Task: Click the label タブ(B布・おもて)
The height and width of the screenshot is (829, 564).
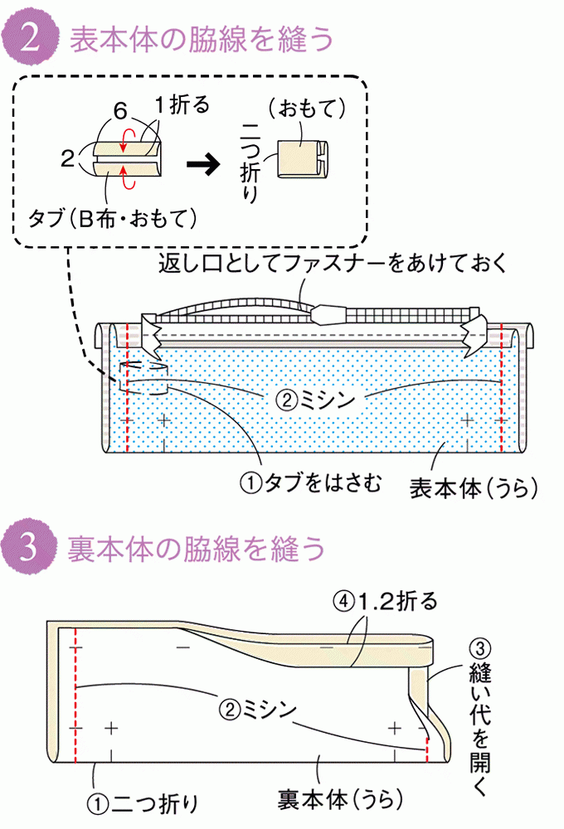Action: pyautogui.click(x=112, y=219)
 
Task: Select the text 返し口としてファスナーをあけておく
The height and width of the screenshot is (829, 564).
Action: pyautogui.click(x=332, y=264)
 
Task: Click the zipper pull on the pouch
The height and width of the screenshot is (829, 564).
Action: pyautogui.click(x=328, y=314)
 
